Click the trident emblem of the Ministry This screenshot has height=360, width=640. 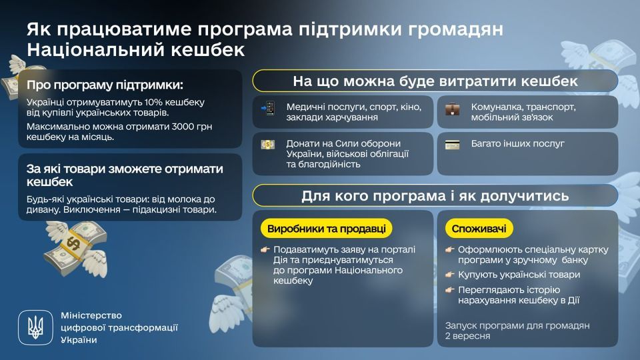point(34,327)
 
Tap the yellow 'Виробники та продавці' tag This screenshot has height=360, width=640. point(326,229)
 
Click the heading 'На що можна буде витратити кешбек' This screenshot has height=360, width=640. point(435,81)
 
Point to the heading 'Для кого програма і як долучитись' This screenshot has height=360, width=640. point(435,196)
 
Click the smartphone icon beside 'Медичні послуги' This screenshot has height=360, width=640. point(269,109)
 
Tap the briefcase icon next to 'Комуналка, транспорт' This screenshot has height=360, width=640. point(453,109)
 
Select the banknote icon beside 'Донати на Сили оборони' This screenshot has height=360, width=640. point(268,144)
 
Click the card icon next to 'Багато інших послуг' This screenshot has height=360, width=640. point(453,144)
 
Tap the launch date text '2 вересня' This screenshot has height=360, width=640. point(467,336)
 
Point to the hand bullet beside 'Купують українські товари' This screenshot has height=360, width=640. point(451,275)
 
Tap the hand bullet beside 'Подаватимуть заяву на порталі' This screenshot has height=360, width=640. point(265,249)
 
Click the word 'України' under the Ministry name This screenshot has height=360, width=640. point(79,339)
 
